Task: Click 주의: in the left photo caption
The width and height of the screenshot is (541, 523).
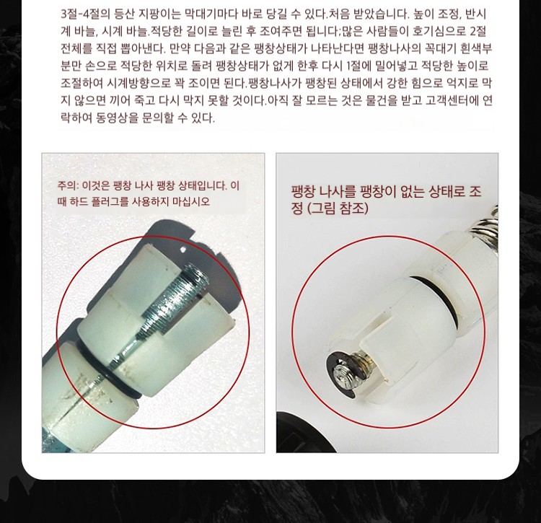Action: pos(68,186)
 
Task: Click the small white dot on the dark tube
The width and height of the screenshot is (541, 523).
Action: pos(183,249)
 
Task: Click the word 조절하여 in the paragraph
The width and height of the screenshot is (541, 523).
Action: pos(82,83)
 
